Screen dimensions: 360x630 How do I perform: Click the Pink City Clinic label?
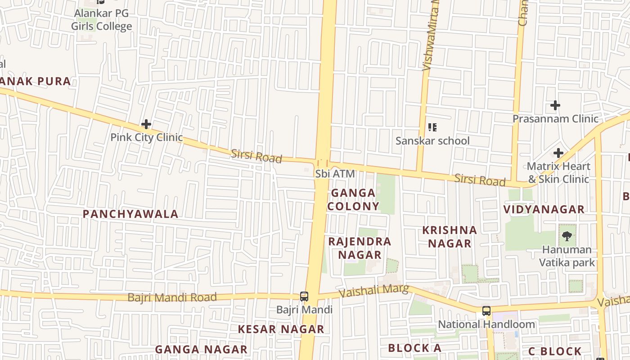(147, 137)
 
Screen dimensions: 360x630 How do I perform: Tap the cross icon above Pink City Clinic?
(146, 124)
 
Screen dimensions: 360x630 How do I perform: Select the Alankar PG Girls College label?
(102, 20)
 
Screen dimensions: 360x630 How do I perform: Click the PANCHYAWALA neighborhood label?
(130, 214)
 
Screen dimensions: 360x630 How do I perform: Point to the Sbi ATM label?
(335, 174)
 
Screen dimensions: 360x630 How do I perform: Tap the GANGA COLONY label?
(353, 199)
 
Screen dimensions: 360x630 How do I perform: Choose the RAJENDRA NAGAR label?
(360, 248)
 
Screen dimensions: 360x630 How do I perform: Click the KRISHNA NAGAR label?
(450, 237)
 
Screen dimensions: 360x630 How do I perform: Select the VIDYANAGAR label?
(544, 210)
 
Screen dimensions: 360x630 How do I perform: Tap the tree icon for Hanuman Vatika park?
(567, 235)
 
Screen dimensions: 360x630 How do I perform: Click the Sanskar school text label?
(432, 141)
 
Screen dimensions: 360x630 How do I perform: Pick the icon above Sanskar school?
(432, 127)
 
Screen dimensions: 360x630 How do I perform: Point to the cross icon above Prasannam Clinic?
(555, 106)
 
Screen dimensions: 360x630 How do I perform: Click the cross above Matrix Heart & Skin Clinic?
(558, 153)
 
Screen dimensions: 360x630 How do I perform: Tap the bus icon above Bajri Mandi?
(304, 297)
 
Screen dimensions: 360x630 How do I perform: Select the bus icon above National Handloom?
(486, 311)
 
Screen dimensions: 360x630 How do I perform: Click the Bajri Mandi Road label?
(172, 297)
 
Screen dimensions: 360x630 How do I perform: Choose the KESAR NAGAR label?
(281, 329)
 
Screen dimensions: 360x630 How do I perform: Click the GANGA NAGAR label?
(201, 350)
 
